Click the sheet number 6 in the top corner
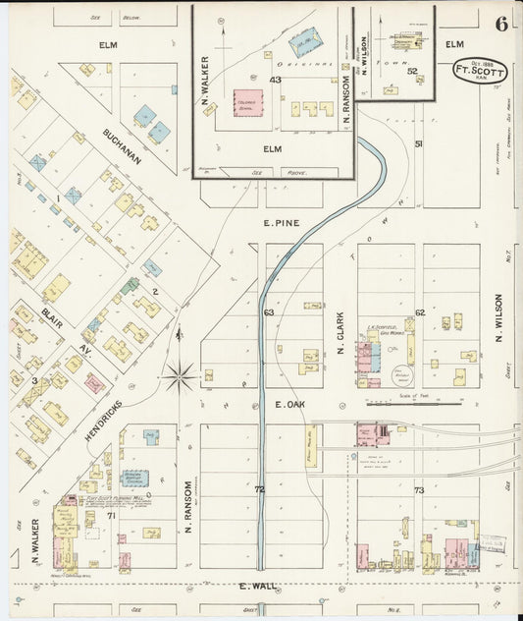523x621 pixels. pyautogui.click(x=501, y=24)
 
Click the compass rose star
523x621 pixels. pyautogui.click(x=180, y=372)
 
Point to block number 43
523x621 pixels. pyautogui.click(x=276, y=80)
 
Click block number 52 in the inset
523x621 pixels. pyautogui.click(x=412, y=71)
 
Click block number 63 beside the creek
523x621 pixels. pyautogui.click(x=268, y=312)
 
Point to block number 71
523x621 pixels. pyautogui.click(x=111, y=515)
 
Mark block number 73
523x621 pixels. pyautogui.click(x=419, y=489)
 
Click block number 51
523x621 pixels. pyautogui.click(x=419, y=144)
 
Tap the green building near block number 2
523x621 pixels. pyautogui.click(x=130, y=286)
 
